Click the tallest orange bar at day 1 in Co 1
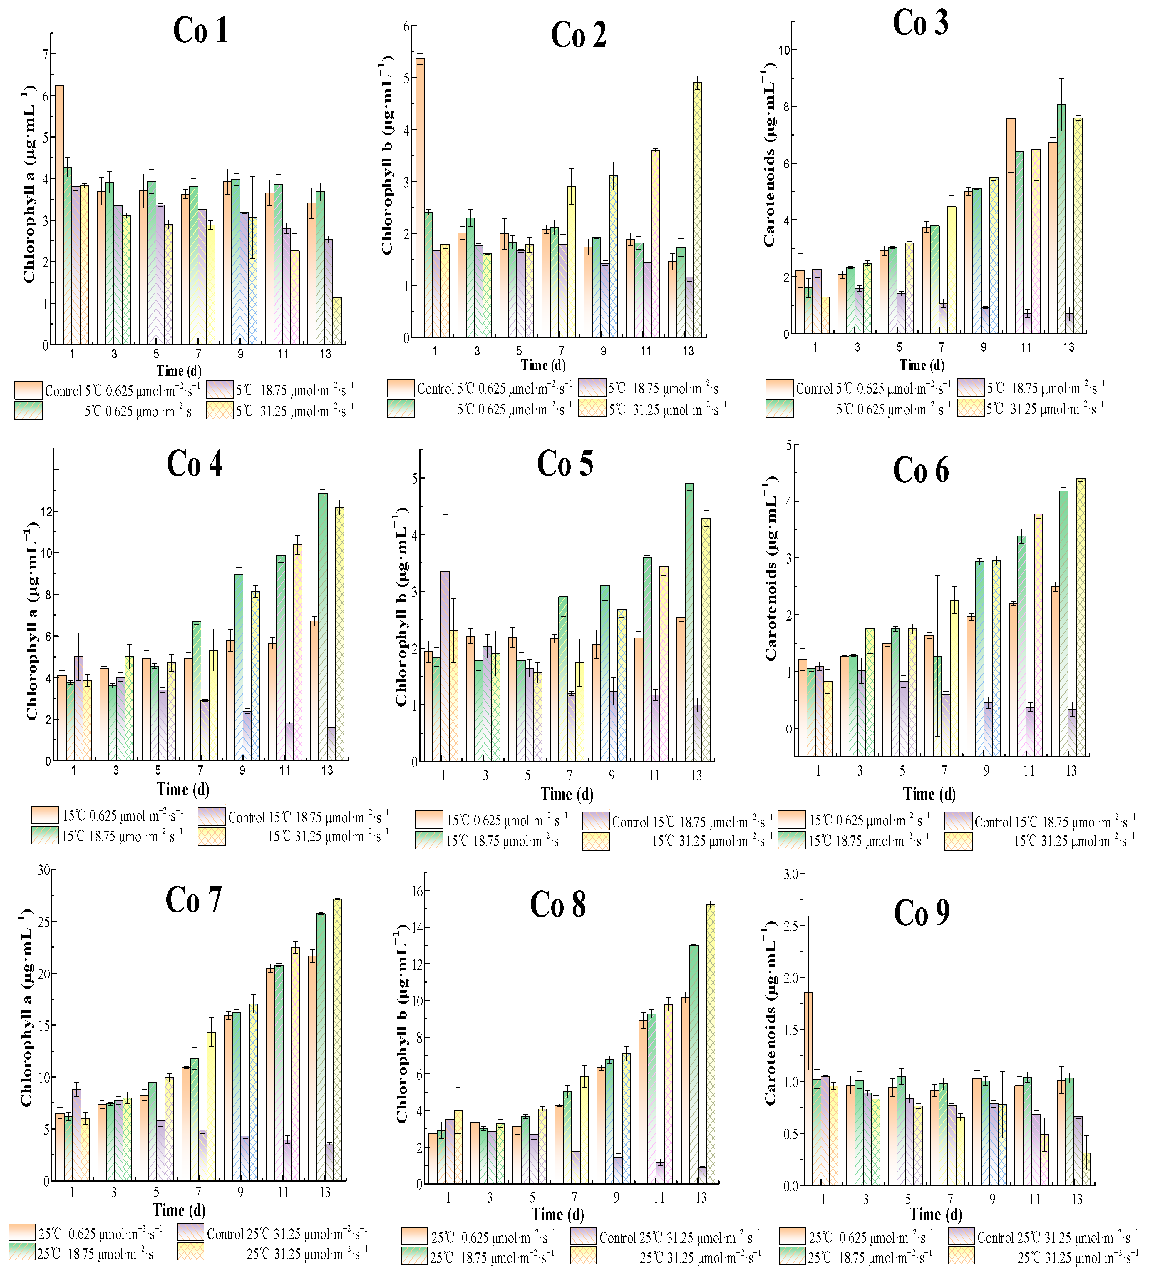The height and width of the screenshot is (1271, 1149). (x=59, y=215)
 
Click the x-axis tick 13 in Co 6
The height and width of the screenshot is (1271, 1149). (x=1071, y=770)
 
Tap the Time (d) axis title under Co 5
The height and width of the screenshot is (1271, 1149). (x=567, y=794)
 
